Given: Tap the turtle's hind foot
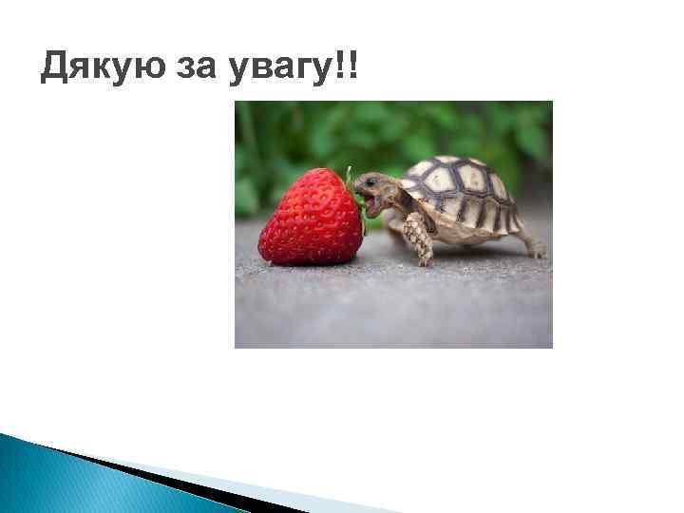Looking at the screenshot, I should point(536,249).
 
